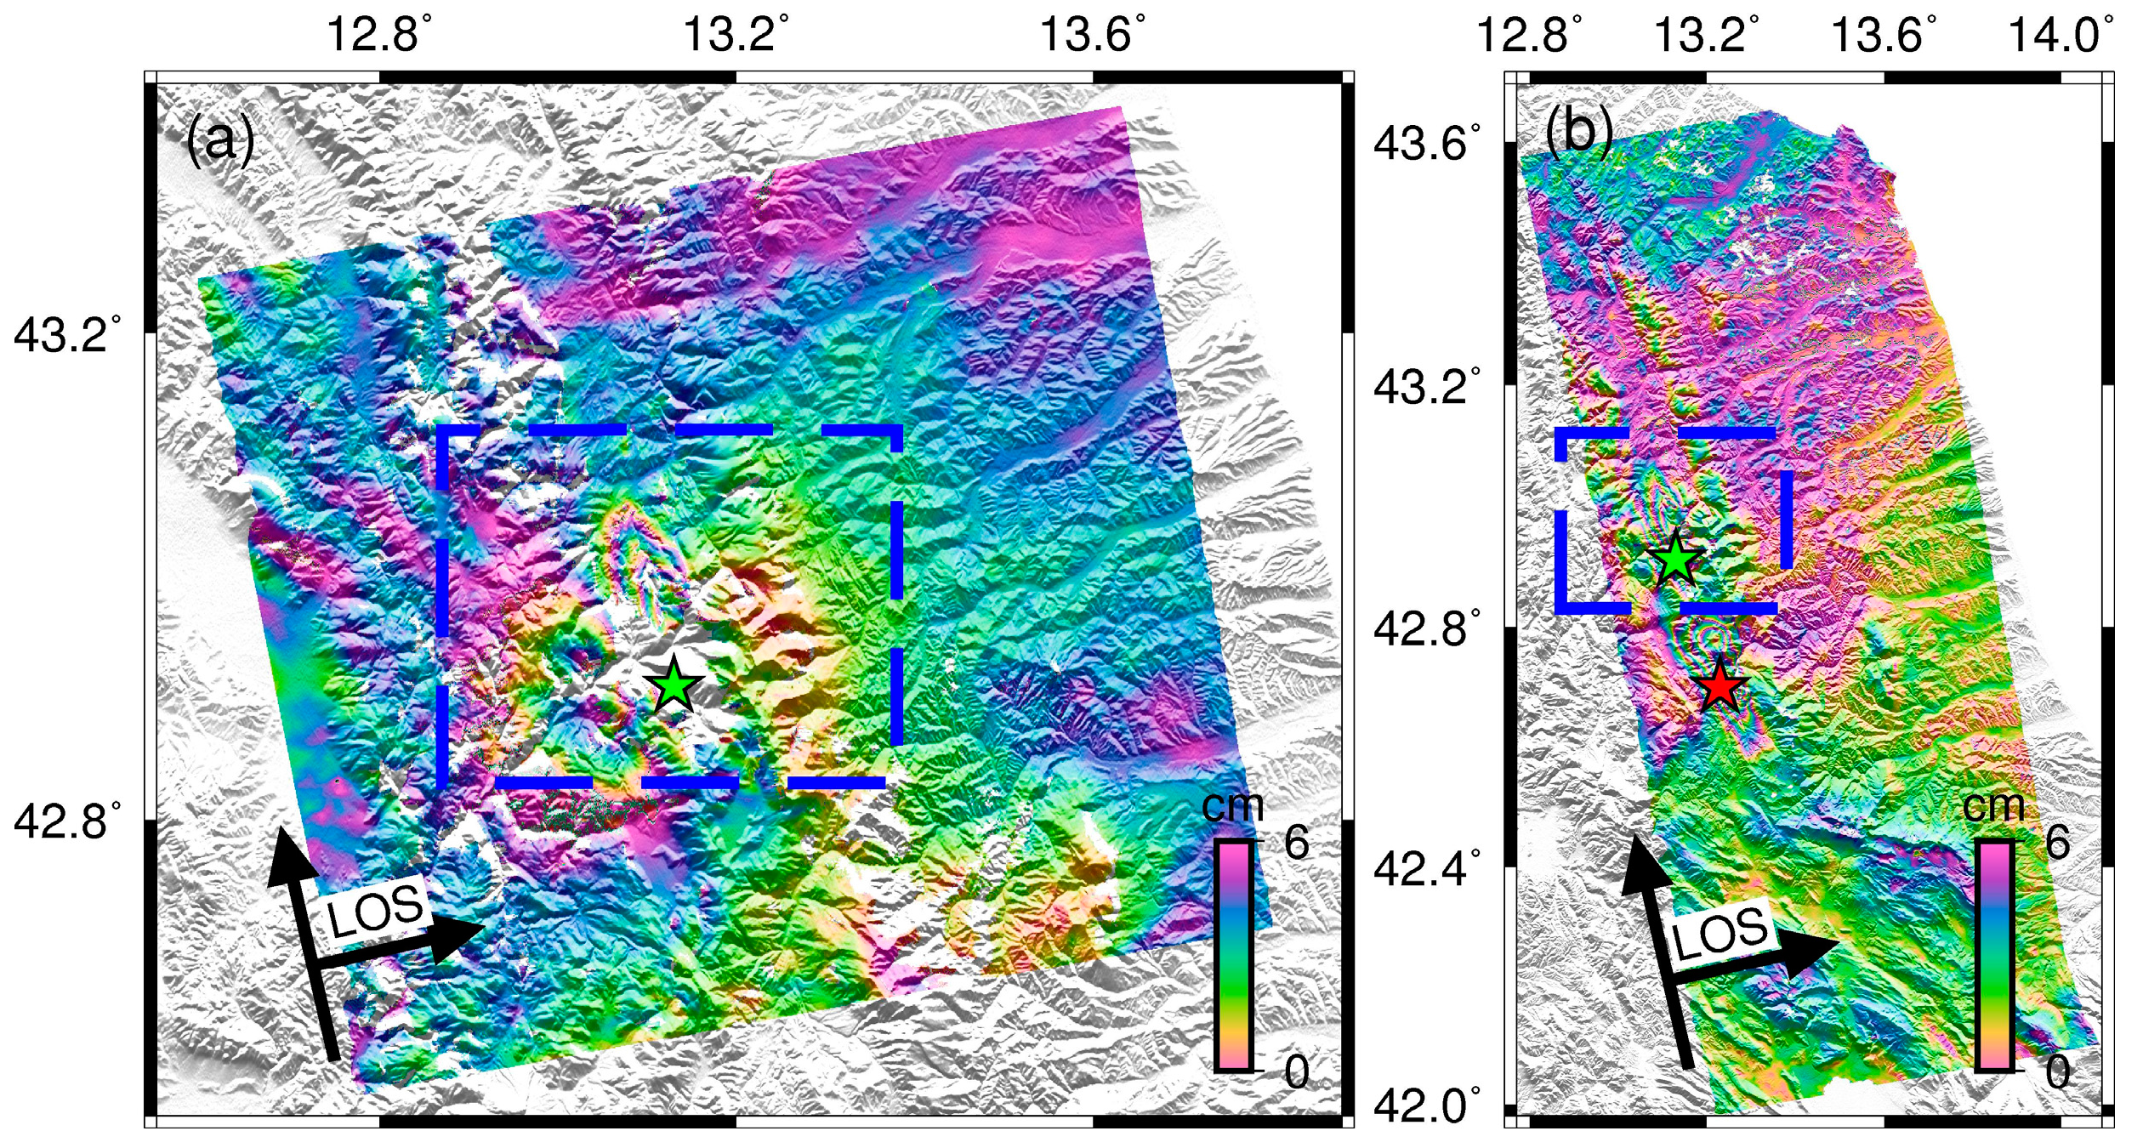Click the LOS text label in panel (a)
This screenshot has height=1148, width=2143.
[375, 909]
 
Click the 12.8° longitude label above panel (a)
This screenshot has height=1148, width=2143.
[378, 36]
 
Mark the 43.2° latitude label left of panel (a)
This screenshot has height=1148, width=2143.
[66, 334]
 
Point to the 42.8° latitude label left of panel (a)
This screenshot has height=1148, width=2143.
[66, 822]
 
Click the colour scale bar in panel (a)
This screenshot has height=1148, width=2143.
[1233, 955]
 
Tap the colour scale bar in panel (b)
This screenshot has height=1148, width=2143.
[1994, 955]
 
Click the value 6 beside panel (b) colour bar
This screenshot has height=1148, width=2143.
[2057, 843]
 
